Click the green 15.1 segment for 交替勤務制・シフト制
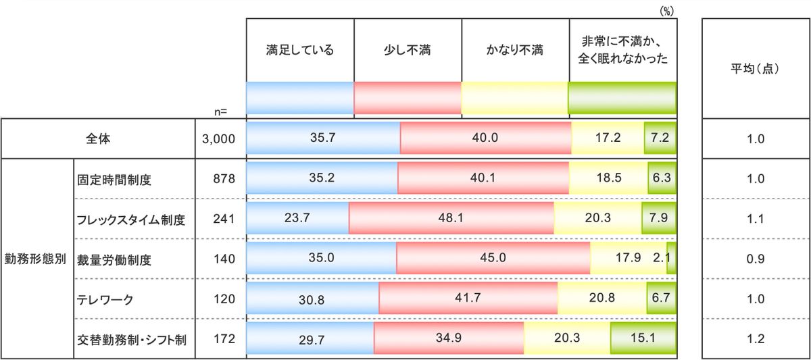tap(643, 338)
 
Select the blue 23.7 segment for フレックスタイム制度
tap(297, 219)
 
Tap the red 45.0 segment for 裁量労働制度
tap(493, 259)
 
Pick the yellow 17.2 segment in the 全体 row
tap(608, 138)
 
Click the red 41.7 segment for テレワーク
tap(468, 299)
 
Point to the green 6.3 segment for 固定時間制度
tap(662, 179)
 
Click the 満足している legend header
tap(300, 50)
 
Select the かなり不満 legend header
tap(515, 50)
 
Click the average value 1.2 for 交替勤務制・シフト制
tap(756, 339)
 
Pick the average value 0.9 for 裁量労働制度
tap(756, 259)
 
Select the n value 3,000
tap(218, 139)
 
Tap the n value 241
tap(223, 219)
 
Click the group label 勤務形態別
tap(36, 259)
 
